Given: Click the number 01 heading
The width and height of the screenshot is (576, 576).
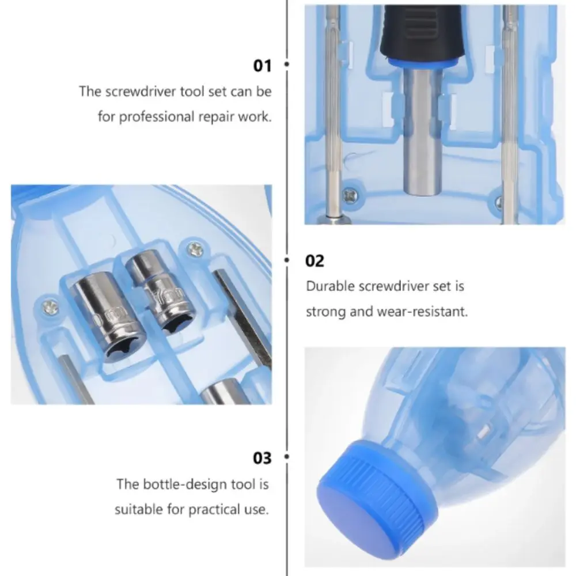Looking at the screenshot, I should pos(262,66).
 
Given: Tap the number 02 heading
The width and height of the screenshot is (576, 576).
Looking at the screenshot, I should pos(315,261).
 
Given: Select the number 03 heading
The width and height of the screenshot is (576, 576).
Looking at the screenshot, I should pos(262,458).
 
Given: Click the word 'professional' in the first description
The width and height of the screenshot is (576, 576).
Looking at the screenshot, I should pos(155,116).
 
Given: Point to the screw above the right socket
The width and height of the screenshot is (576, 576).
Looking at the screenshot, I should pos(194,249).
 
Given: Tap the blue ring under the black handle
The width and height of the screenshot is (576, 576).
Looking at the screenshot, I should pos(420,63).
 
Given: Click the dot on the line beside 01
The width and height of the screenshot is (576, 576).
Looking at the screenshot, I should pos(287,66).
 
